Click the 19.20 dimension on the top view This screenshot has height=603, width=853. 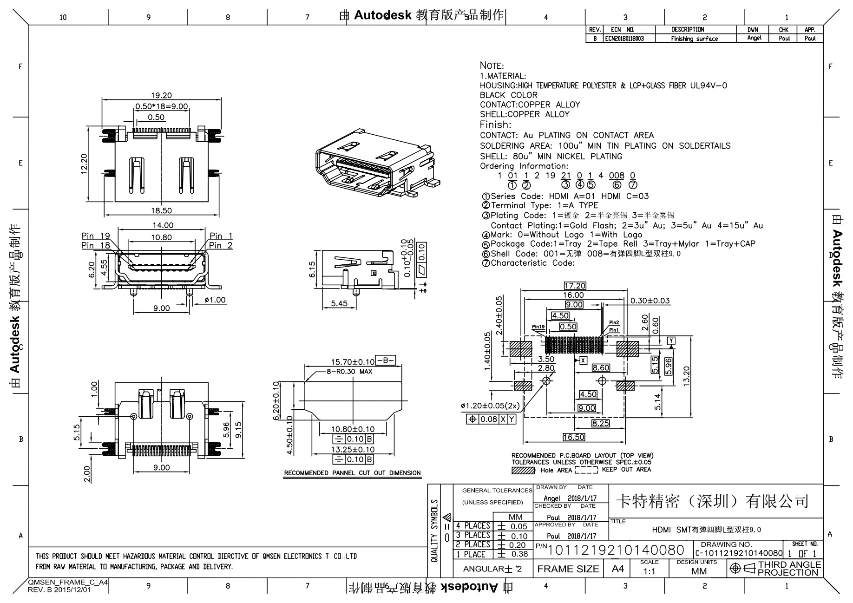point(161,95)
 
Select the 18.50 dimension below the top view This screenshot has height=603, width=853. point(161,210)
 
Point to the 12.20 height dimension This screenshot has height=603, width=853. point(84,164)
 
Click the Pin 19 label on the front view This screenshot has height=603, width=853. point(95,236)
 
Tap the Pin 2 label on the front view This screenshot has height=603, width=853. point(221,245)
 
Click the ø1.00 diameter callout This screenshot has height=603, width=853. point(215,300)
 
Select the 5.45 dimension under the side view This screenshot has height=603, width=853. point(339,303)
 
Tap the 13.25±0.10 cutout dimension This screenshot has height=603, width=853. point(353,449)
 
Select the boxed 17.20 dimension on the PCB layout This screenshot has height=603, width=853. point(575,286)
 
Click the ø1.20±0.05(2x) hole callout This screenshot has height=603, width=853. point(490,406)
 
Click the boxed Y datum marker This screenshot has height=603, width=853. point(671,341)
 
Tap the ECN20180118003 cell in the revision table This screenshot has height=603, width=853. point(624,39)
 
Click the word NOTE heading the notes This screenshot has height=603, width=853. point(492,66)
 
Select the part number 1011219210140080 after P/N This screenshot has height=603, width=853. point(616,551)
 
